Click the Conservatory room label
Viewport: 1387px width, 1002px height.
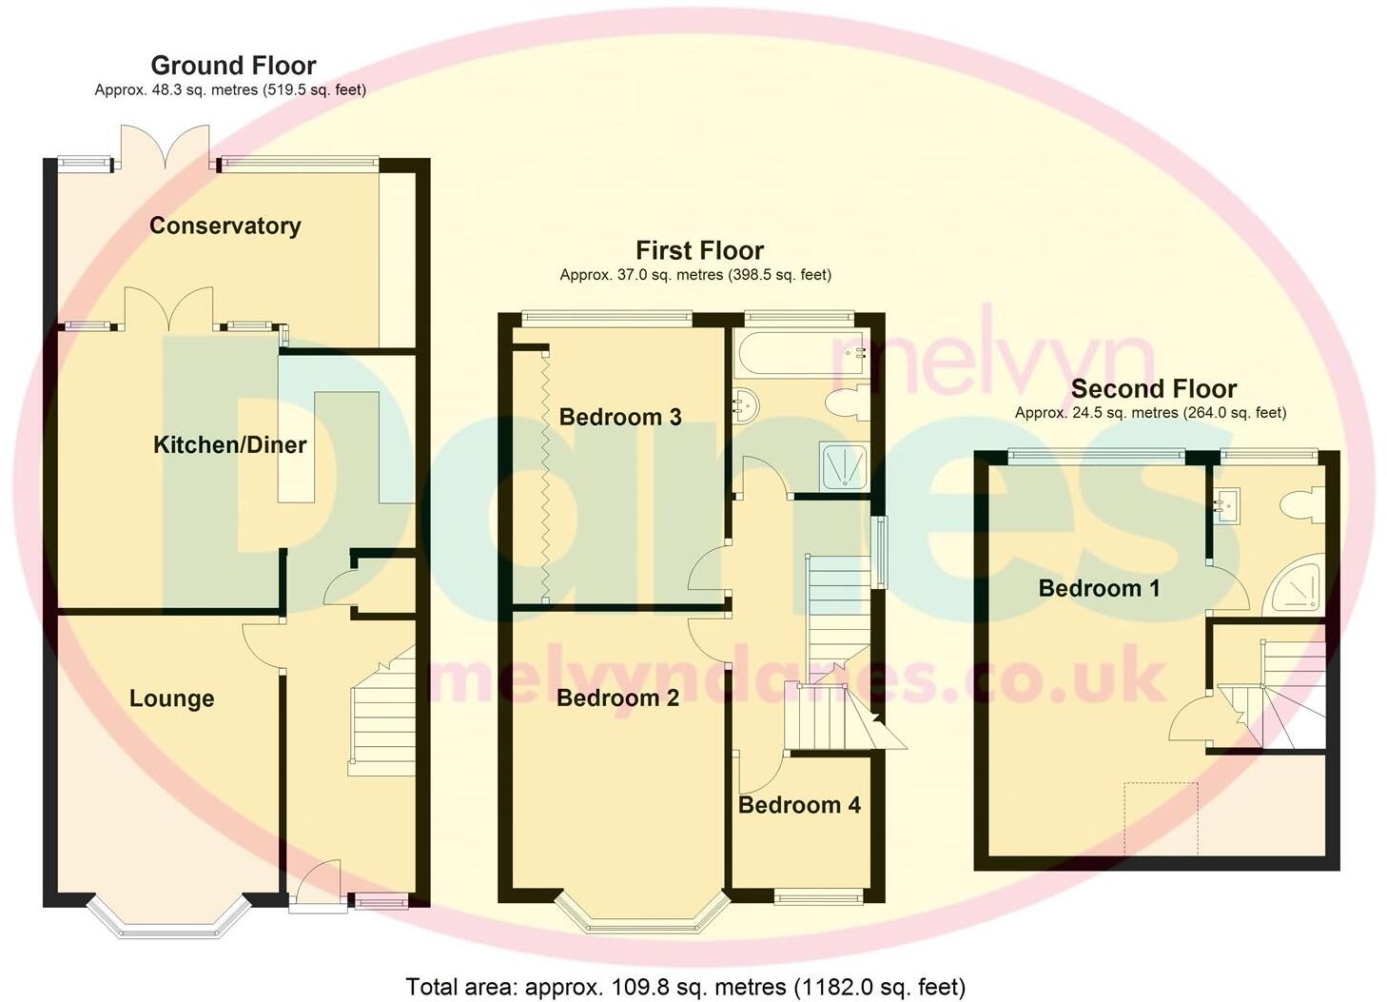tap(225, 226)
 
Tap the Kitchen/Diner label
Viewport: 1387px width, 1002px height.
tap(229, 444)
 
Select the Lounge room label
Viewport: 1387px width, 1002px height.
tap(171, 698)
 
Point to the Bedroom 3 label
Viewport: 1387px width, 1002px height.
tap(619, 417)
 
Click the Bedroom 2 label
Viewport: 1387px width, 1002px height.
tap(617, 697)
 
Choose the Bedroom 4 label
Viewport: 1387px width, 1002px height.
tap(799, 805)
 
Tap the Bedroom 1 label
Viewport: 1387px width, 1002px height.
tap(1099, 588)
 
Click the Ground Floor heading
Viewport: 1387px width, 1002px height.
tap(233, 66)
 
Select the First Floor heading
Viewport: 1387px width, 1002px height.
tap(699, 250)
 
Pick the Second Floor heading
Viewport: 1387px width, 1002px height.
tap(1153, 388)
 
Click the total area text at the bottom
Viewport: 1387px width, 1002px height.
tap(685, 987)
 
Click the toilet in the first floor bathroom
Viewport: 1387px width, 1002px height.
tap(846, 404)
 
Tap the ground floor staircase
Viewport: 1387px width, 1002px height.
tap(381, 714)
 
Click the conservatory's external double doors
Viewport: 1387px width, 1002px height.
tap(166, 147)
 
